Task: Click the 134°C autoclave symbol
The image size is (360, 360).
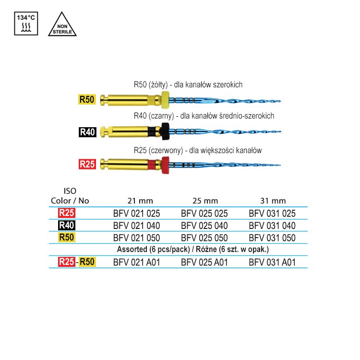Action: pyautogui.click(x=26, y=24)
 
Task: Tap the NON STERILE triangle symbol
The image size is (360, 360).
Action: pyautogui.click(x=62, y=24)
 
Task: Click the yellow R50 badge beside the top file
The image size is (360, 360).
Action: pyautogui.click(x=87, y=99)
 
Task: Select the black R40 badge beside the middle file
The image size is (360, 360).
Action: pyautogui.click(x=87, y=132)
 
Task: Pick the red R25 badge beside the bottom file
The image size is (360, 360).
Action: pyautogui.click(x=87, y=164)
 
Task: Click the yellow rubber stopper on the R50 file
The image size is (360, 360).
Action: pyautogui.click(x=165, y=100)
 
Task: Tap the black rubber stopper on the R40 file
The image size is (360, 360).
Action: pyautogui.click(x=165, y=132)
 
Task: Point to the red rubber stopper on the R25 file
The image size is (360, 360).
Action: pyautogui.click(x=165, y=165)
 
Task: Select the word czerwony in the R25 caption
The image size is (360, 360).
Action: pyautogui.click(x=166, y=151)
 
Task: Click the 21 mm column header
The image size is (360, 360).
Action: pyautogui.click(x=140, y=201)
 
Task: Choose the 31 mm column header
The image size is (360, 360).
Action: pyautogui.click(x=273, y=201)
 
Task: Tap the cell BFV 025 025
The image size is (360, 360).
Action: pyautogui.click(x=204, y=214)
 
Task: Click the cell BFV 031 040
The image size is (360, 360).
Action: pyautogui.click(x=272, y=226)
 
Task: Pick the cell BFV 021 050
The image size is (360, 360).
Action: pyautogui.click(x=137, y=238)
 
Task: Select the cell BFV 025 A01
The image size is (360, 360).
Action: pyautogui.click(x=204, y=263)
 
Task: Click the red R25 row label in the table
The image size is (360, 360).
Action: pyautogui.click(x=67, y=213)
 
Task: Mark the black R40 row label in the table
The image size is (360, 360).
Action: pyautogui.click(x=67, y=225)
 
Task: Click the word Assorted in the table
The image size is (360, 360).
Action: pyautogui.click(x=132, y=249)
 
